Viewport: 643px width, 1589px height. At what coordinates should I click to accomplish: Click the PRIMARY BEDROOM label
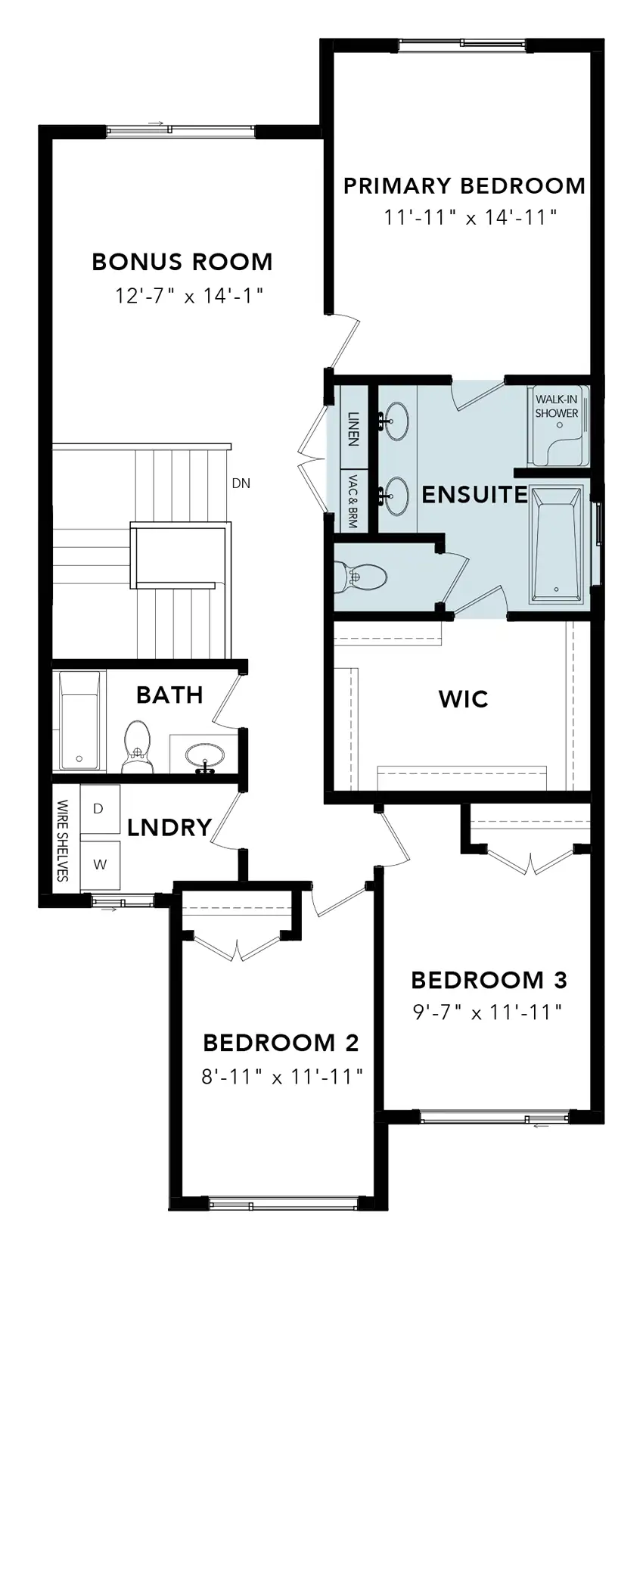coord(464,185)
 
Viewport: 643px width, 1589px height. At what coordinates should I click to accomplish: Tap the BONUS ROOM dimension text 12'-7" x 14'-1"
coord(188,295)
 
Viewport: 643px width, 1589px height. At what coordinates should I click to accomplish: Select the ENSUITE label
coord(474,495)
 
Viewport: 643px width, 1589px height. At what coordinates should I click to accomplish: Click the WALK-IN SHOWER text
coord(557,406)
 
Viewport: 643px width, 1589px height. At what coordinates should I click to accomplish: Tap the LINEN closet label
coord(353,429)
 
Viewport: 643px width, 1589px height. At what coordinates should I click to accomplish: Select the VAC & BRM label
coord(353,500)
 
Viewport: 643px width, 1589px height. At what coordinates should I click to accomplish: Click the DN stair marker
coord(241,484)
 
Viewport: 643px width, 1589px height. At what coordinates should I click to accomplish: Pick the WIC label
coord(463,699)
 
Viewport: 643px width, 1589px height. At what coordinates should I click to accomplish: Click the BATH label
coord(169,695)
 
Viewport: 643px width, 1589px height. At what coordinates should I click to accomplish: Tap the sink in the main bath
coord(205,756)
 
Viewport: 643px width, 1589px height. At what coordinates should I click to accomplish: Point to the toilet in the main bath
coord(137,747)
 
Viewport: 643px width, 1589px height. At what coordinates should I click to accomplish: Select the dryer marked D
coord(98,809)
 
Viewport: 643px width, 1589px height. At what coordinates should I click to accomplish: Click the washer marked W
coord(99,865)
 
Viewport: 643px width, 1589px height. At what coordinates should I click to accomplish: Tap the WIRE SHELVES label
coord(63,841)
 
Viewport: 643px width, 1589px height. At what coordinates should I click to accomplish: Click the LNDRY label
coord(169,828)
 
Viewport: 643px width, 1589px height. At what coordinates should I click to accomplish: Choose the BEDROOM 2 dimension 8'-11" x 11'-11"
coord(282,1077)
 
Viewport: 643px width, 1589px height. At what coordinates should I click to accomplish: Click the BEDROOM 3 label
coord(489,981)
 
